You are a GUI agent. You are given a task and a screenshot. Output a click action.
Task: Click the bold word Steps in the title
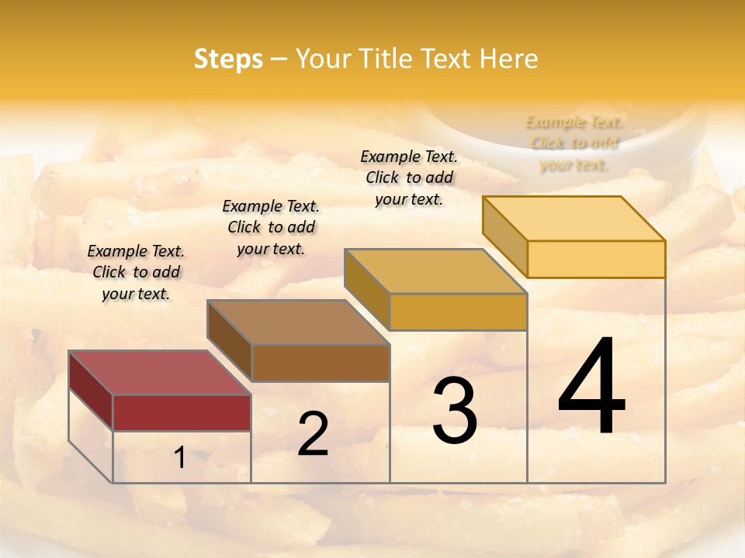coord(228,59)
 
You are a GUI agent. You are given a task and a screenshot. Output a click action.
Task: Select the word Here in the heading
coord(508,59)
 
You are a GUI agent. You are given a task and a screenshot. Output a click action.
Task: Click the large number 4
coord(591,387)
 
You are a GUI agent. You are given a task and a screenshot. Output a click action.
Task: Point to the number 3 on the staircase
coord(454,411)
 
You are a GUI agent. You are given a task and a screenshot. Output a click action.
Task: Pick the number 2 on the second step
coord(313,434)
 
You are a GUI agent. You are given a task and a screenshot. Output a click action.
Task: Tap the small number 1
coord(180,458)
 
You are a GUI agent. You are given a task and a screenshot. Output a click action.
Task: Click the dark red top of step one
coord(159,373)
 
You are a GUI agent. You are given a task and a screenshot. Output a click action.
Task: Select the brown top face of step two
coord(298,322)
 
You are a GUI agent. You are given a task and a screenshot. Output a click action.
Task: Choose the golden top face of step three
coord(435,271)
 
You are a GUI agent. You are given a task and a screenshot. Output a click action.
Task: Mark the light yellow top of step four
coord(573,219)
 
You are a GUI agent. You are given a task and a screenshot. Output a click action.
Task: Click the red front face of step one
coord(182,412)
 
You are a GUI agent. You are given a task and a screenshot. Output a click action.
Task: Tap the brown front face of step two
coord(321,363)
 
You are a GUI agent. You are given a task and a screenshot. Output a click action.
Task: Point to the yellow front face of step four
coord(596,259)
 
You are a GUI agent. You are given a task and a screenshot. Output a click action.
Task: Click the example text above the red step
coord(136,272)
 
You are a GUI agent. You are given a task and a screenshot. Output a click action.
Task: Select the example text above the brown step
coord(271,227)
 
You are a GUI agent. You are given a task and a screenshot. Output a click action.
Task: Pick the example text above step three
coord(409,177)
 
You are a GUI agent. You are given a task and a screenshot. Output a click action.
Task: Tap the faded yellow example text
coord(573,143)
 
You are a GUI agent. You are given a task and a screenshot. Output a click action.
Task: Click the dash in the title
coord(279,59)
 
